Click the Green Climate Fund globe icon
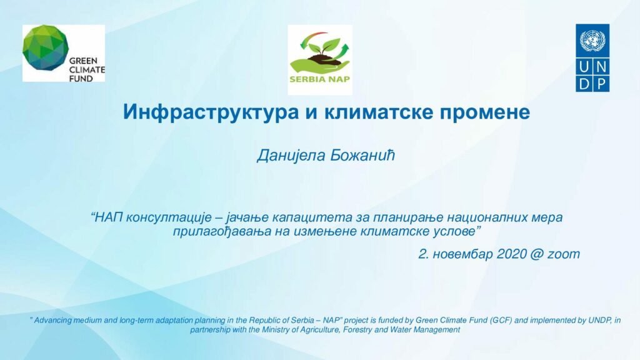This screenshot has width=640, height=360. (46, 47)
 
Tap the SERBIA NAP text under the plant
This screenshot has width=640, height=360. (319, 79)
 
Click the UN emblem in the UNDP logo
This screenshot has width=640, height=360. (592, 40)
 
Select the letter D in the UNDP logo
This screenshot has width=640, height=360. (584, 84)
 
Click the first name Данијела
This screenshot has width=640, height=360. (291, 156)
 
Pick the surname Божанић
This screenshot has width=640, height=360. (362, 155)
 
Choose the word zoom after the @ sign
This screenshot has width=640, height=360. (564, 254)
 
